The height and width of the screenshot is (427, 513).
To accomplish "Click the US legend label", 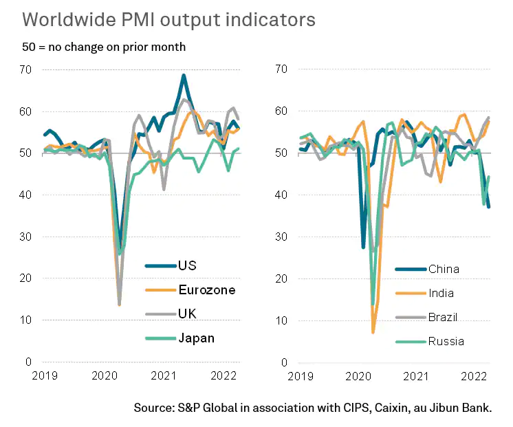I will point(186,265).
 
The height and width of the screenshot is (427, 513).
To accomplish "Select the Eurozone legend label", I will point(206,289).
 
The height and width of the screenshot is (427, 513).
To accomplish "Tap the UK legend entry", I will point(186,314).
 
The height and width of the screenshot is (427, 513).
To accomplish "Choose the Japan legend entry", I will point(196,338).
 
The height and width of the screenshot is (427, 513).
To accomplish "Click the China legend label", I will point(443,269).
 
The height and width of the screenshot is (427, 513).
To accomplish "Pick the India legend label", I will point(441,293).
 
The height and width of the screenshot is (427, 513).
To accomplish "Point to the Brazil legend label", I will point(443,317).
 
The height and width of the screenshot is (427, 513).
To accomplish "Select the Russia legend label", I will point(445,341).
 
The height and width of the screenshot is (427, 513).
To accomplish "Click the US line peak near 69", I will point(184,75).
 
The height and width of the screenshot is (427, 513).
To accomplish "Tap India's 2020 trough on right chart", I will point(373,332).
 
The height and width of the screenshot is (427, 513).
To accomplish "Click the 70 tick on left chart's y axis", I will point(25,69).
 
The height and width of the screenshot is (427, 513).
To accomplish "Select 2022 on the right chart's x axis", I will point(473,375).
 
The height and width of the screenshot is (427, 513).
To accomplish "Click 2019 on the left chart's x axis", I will point(43,375).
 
